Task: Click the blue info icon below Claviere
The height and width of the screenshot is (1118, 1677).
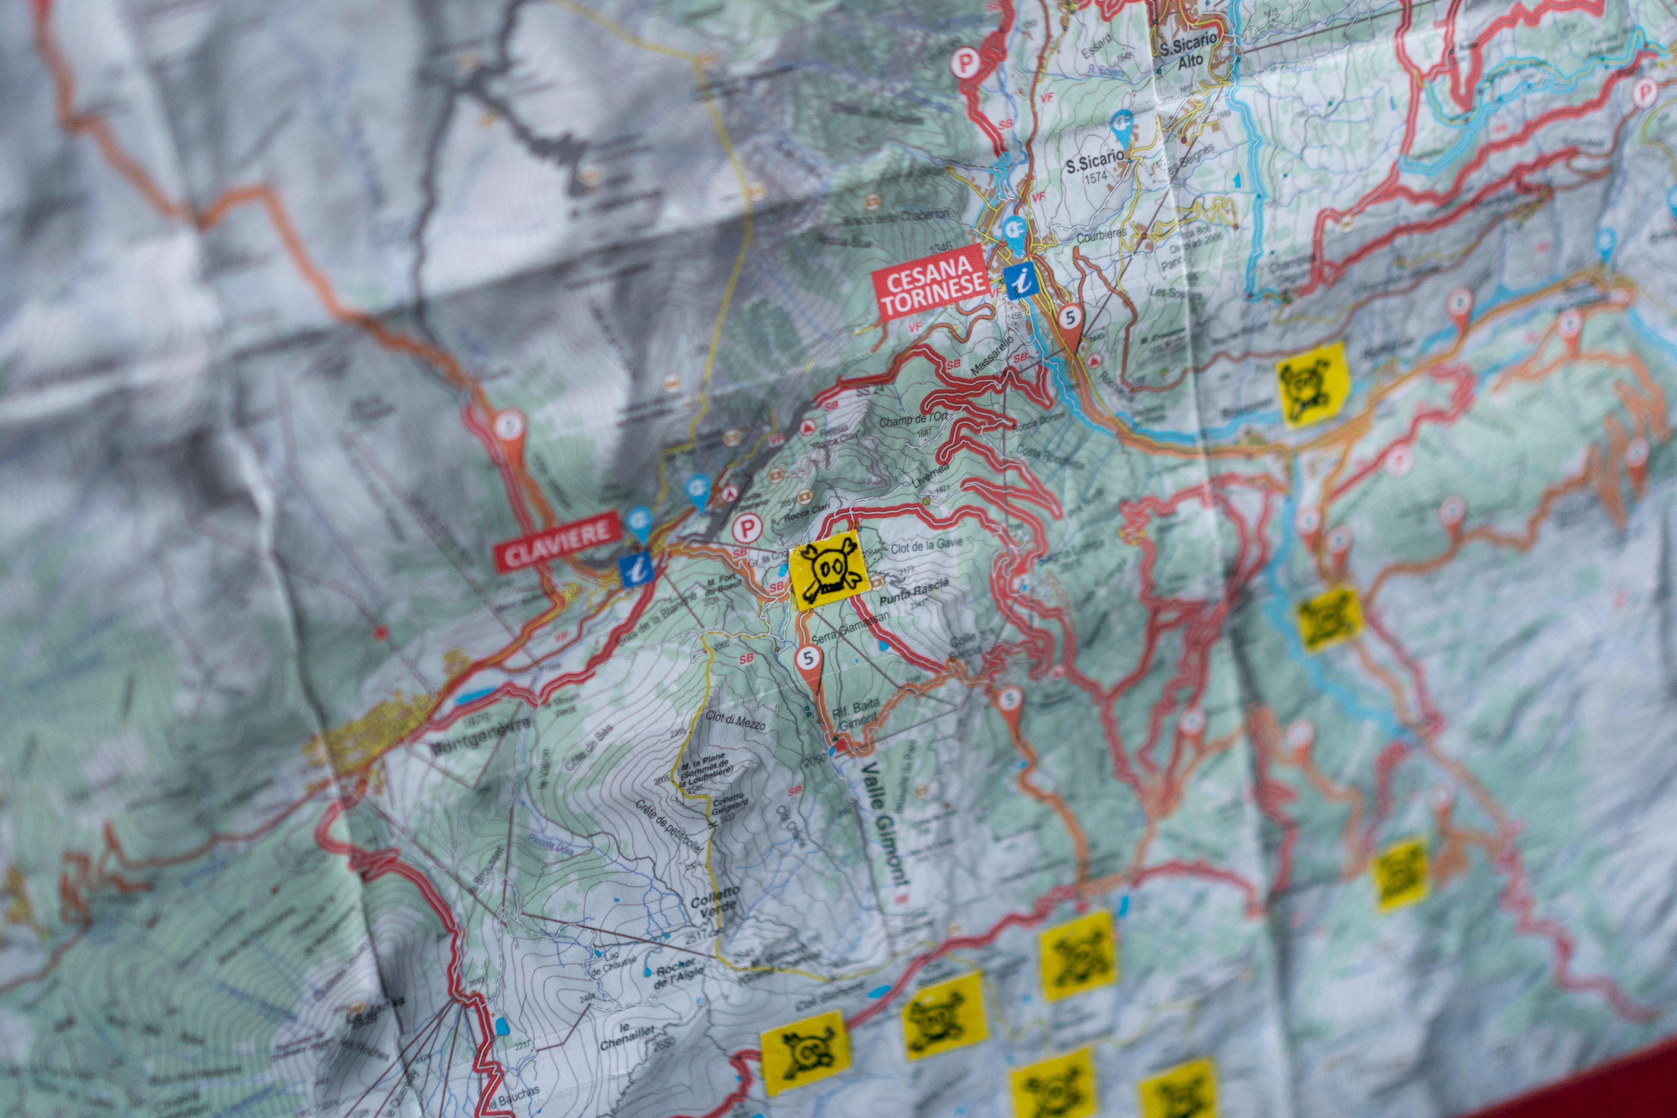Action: (636, 569)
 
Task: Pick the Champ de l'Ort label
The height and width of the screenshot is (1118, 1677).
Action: (913, 420)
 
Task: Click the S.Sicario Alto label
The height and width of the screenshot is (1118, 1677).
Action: (1188, 53)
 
